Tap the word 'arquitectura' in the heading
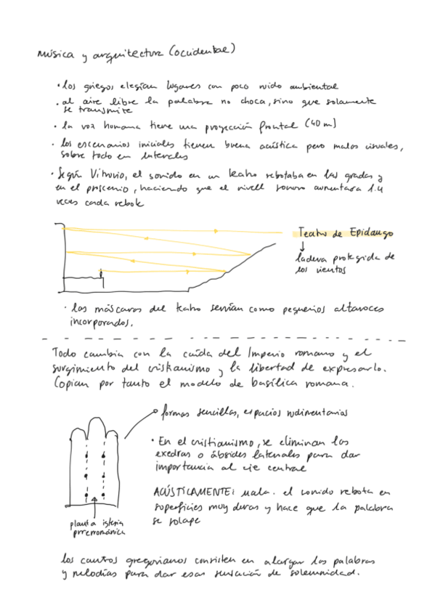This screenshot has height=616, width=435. tap(131, 53)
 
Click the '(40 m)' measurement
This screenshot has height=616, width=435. tap(320, 124)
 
